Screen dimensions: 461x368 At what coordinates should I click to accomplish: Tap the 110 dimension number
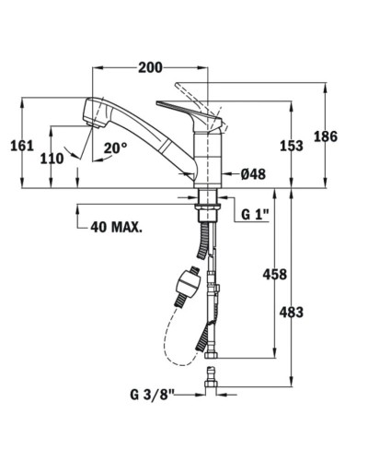coord(52,158)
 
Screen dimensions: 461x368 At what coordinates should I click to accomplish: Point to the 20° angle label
coord(115,148)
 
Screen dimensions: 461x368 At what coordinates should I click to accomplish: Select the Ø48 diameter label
coord(253,173)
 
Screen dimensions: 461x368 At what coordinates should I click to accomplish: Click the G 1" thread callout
coord(255,214)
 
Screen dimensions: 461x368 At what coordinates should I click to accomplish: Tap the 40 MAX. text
coord(116,226)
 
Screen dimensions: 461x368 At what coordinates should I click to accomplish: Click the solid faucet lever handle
coord(189,108)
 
